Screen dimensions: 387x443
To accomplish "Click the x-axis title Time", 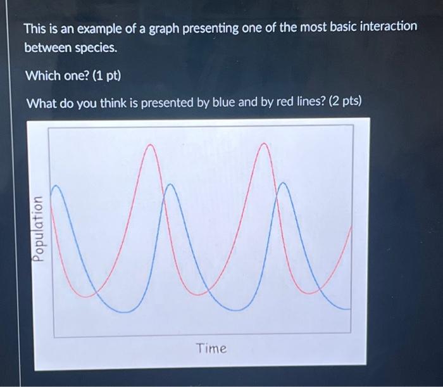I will pyautogui.click(x=211, y=348).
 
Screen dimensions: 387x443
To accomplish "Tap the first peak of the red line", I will pyautogui.click(x=150, y=145).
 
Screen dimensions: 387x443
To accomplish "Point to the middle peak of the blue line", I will pyautogui.click(x=170, y=185).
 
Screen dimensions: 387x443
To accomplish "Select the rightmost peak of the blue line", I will pyautogui.click(x=282, y=183).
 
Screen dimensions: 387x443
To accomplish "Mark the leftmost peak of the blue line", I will pyautogui.click(x=56, y=186).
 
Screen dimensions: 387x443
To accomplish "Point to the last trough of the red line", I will pyautogui.click(x=310, y=293).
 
